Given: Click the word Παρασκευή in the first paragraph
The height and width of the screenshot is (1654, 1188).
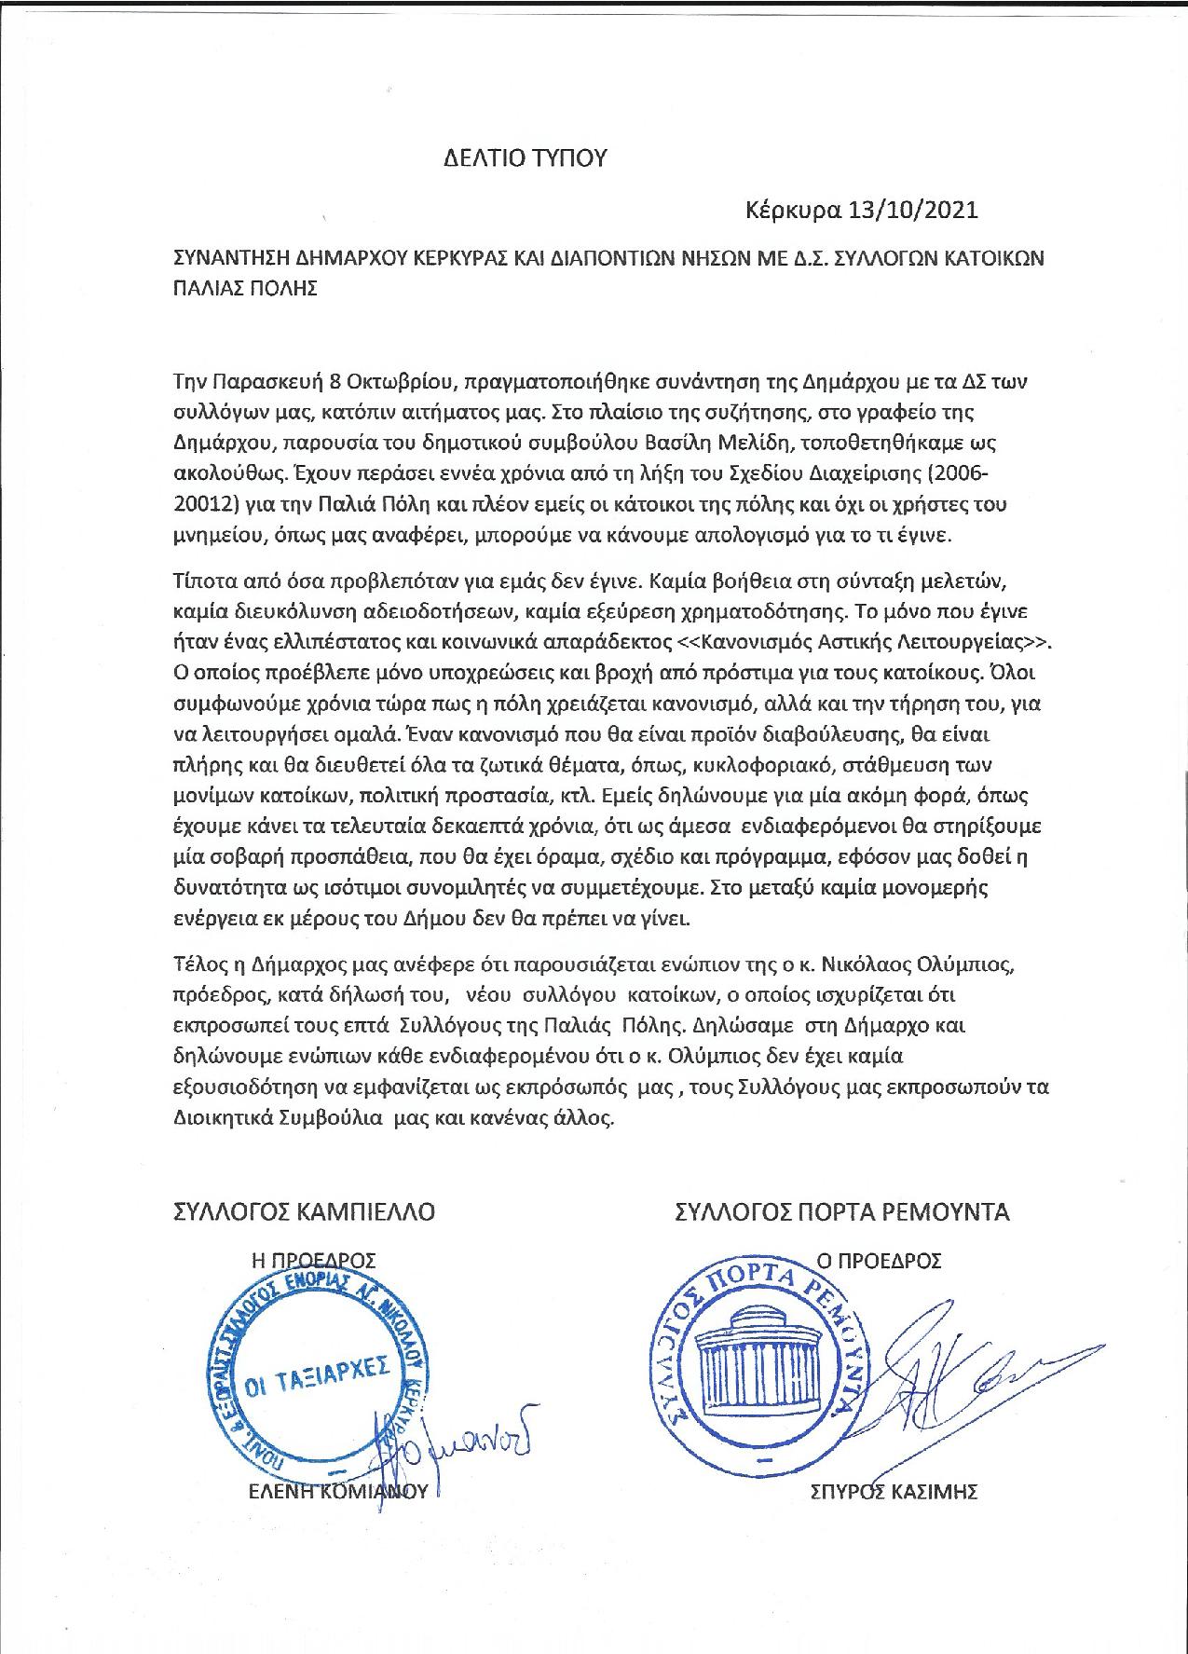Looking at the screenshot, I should (267, 383).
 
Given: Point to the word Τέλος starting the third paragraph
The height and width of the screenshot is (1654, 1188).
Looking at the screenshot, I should (198, 962).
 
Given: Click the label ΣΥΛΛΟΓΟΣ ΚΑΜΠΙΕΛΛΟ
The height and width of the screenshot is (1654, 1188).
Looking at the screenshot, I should (305, 1212).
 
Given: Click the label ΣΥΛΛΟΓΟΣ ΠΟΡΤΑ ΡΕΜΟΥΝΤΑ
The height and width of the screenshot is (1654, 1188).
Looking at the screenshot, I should (842, 1212).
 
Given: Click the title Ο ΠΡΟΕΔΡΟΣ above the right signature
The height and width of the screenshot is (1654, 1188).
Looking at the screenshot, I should (879, 1262).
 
